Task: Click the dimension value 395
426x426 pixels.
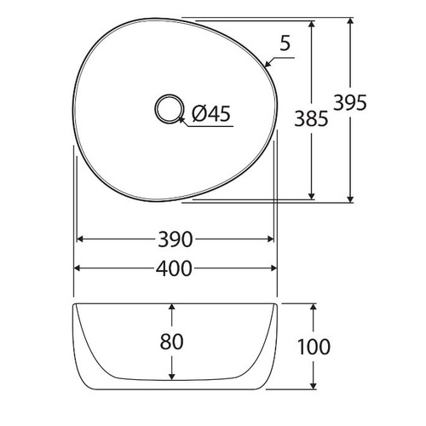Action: coord(374,104)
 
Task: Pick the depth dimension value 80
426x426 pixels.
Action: coord(172,343)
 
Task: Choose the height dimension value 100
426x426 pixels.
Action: coord(314,347)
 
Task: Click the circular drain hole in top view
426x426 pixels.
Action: coord(169,109)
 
